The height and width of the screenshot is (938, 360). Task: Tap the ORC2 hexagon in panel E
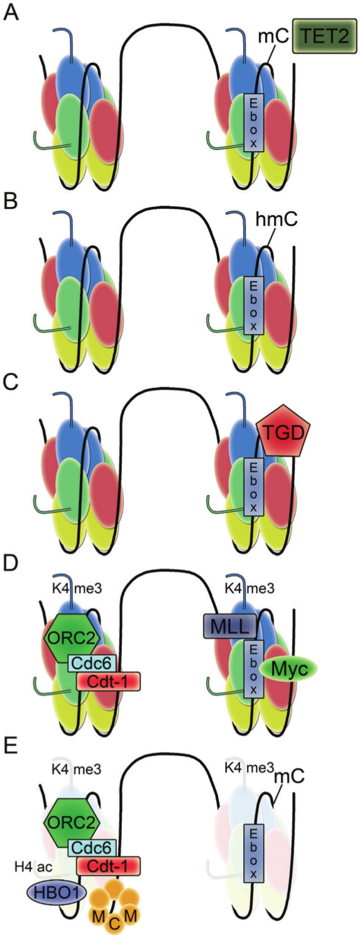point(72,820)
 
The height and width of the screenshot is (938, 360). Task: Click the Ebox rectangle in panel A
point(254,122)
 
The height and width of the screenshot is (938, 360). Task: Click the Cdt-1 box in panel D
point(108,681)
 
